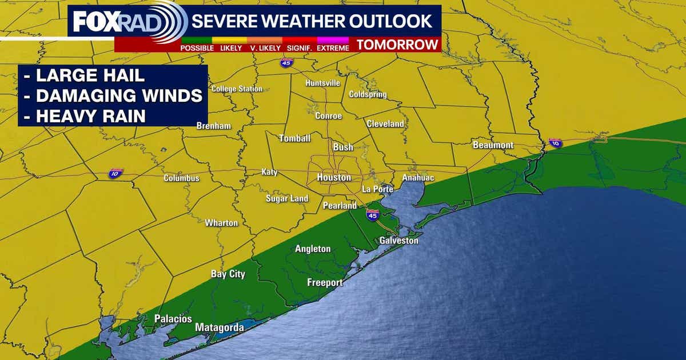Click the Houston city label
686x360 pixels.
(x=334, y=178)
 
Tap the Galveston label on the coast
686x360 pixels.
(x=398, y=241)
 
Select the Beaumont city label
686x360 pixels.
(x=493, y=145)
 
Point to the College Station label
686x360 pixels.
(x=237, y=89)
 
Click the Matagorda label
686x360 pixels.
(x=220, y=327)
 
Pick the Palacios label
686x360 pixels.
(x=173, y=319)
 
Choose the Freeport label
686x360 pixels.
(x=325, y=282)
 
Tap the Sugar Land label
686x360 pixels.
(x=287, y=199)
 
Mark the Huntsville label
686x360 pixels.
(x=322, y=83)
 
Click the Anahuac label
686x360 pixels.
(x=418, y=178)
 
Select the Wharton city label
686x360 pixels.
(x=221, y=222)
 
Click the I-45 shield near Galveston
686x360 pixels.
(x=372, y=215)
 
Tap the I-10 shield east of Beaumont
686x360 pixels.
(x=555, y=143)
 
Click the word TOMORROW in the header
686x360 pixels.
(x=398, y=45)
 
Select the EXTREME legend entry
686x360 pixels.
(x=333, y=48)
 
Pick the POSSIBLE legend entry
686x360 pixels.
(x=197, y=48)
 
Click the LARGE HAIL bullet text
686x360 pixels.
(x=82, y=75)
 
